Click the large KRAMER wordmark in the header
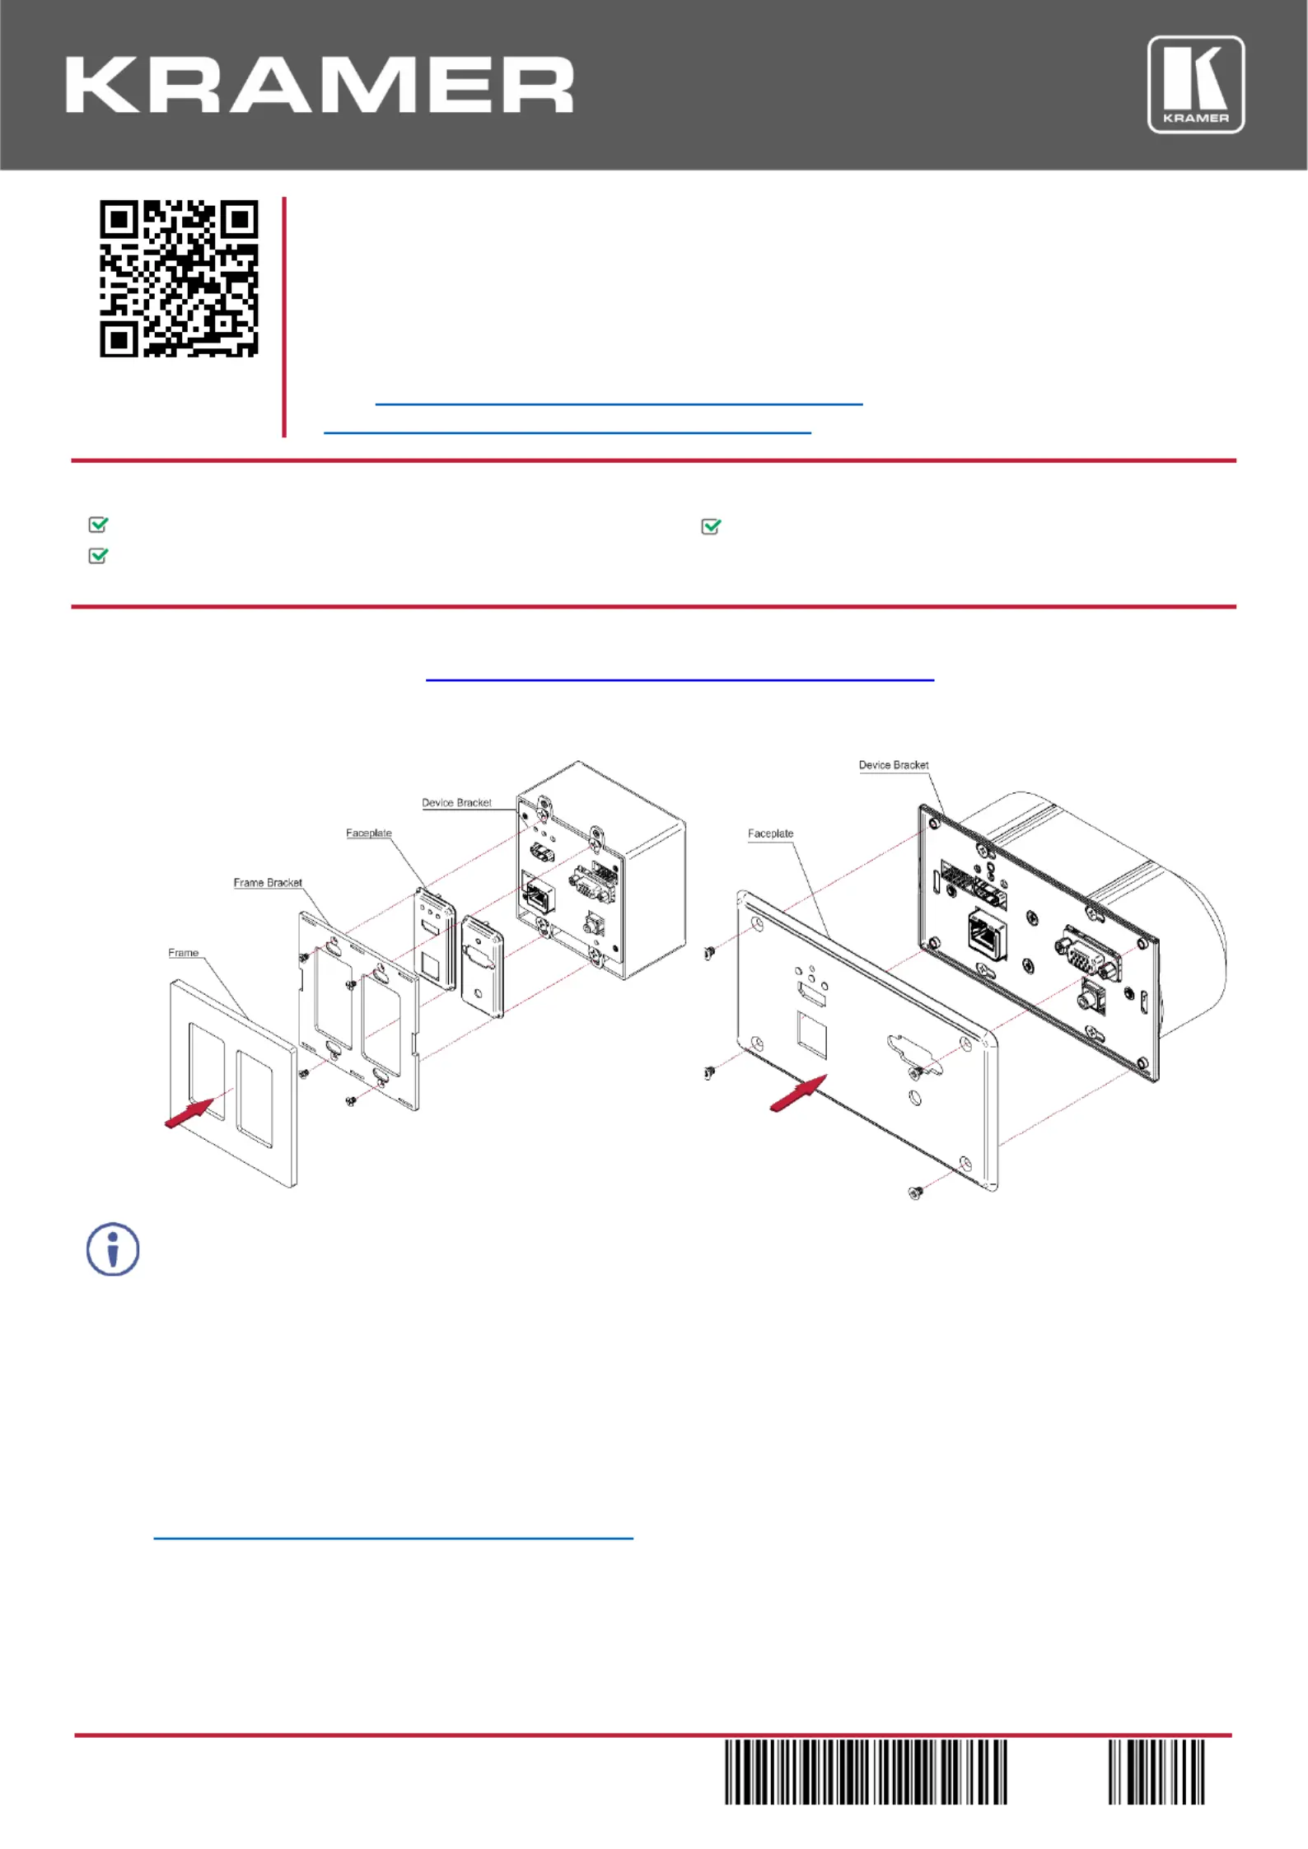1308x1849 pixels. [x=320, y=85]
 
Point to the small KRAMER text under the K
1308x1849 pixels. [x=1196, y=118]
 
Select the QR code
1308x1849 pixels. [x=179, y=278]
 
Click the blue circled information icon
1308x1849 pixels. [x=113, y=1249]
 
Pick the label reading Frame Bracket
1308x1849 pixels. [x=268, y=883]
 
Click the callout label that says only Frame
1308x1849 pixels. [x=184, y=953]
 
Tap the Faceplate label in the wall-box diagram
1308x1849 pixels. [x=369, y=833]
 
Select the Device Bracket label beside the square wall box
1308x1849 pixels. [x=456, y=803]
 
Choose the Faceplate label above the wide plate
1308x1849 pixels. [x=771, y=833]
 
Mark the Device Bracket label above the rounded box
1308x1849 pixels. [x=894, y=765]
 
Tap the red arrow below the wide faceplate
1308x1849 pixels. [x=798, y=1094]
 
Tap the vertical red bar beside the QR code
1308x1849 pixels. [x=284, y=317]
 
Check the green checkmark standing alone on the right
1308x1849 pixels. [x=711, y=526]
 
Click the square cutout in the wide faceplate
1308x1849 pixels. [x=812, y=1035]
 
